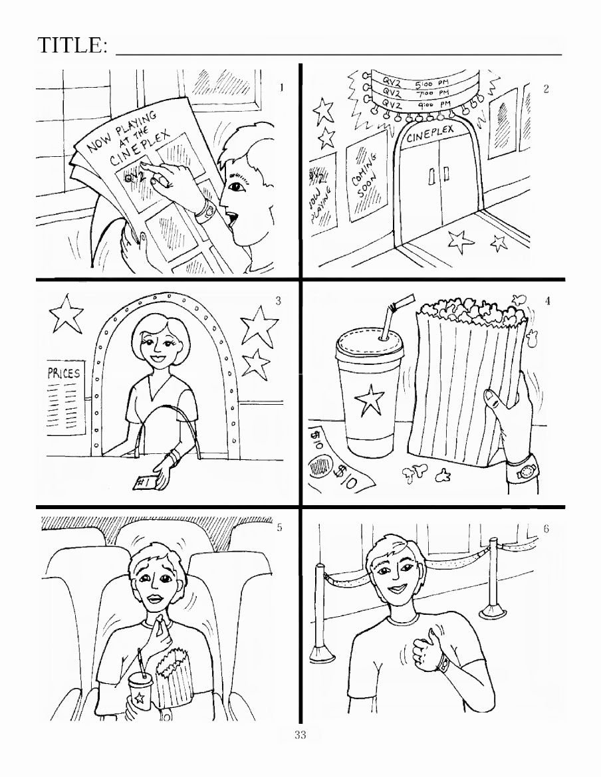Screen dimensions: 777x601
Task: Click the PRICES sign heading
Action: [x=64, y=373]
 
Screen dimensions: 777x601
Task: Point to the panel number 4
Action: [x=547, y=301]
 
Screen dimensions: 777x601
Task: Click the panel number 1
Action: [x=282, y=87]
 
